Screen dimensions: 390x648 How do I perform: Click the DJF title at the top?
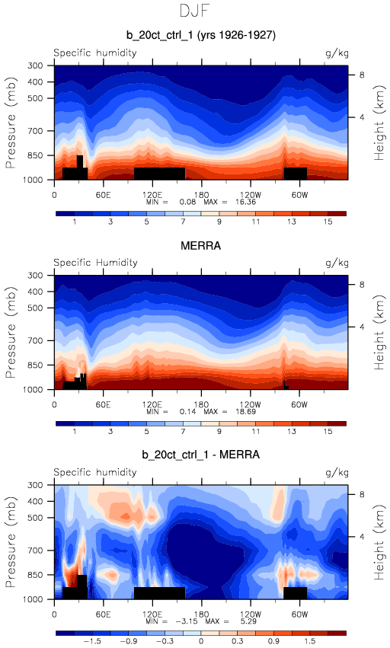tap(195, 11)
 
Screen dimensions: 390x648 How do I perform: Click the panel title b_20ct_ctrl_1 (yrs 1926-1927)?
tap(201, 35)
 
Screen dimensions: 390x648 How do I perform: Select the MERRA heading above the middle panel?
tap(201, 246)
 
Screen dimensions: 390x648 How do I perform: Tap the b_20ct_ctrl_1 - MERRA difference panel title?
tap(201, 455)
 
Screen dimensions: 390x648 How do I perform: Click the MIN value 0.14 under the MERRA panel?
tap(187, 412)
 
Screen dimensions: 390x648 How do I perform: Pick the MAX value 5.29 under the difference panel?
tap(248, 621)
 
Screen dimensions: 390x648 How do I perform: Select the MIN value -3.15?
tap(186, 621)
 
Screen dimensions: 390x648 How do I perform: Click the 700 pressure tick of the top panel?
tap(35, 131)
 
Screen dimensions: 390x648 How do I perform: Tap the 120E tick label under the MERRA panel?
tap(152, 404)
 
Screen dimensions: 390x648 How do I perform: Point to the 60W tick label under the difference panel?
tap(299, 614)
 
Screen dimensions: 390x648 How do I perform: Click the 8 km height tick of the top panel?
tap(362, 75)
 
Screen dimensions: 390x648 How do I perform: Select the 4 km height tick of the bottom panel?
tap(362, 537)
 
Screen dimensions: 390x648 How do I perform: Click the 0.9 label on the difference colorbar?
tap(273, 641)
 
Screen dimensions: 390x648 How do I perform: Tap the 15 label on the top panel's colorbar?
tap(328, 222)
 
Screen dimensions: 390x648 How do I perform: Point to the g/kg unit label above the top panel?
tap(337, 53)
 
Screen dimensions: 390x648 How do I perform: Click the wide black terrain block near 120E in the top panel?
tap(160, 174)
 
